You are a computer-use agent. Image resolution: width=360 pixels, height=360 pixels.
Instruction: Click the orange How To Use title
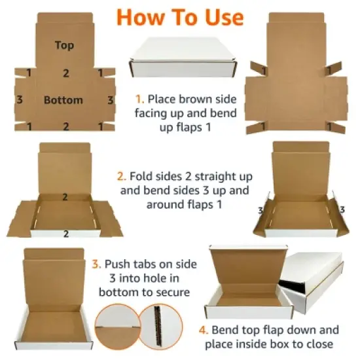(x=179, y=16)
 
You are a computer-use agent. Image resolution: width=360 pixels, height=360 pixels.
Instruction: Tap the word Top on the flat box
(x=64, y=45)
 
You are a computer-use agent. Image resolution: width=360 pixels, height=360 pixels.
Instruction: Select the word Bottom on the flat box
(x=63, y=100)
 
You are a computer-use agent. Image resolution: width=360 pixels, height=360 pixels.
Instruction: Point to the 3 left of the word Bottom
(x=20, y=100)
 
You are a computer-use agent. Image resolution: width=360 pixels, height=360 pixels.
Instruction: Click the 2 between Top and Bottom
(x=65, y=73)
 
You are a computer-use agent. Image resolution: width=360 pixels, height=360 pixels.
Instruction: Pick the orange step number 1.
(x=139, y=99)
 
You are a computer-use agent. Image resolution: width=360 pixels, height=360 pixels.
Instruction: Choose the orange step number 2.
(x=121, y=177)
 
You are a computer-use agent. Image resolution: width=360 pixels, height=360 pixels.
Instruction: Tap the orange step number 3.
(x=96, y=264)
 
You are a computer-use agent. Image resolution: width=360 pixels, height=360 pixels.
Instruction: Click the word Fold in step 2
(x=141, y=177)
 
